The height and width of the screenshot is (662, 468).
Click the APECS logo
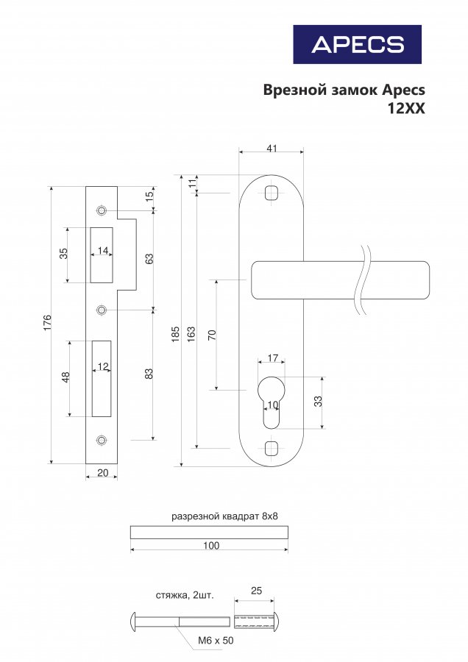point(358,44)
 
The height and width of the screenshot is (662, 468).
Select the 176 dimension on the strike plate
point(47,323)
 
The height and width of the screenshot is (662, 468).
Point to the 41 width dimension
point(272,148)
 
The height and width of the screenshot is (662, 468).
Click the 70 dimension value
point(213,335)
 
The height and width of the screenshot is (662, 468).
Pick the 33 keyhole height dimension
point(319,401)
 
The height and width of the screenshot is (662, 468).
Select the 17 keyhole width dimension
point(273,358)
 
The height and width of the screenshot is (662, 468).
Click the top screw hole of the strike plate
point(102,210)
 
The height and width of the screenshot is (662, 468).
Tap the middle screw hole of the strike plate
point(102,310)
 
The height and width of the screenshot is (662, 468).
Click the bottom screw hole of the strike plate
point(102,441)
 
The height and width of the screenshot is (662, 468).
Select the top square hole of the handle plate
point(272,193)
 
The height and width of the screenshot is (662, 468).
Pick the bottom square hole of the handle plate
point(272,448)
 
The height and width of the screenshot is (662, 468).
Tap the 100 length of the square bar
point(211,546)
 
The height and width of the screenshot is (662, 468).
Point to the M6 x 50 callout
point(216,641)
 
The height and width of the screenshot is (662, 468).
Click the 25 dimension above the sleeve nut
point(256,590)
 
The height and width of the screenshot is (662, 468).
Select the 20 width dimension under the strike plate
point(103,473)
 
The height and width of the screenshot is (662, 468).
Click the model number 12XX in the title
point(406,109)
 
